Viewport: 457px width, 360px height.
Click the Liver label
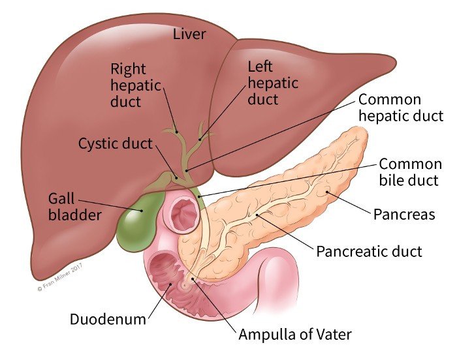(189, 33)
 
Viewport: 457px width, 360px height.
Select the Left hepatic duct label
(272, 83)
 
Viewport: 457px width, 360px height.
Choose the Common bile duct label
(409, 172)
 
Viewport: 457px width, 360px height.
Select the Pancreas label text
(403, 214)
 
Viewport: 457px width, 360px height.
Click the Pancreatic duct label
(369, 250)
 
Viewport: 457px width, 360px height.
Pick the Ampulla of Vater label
(295, 335)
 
